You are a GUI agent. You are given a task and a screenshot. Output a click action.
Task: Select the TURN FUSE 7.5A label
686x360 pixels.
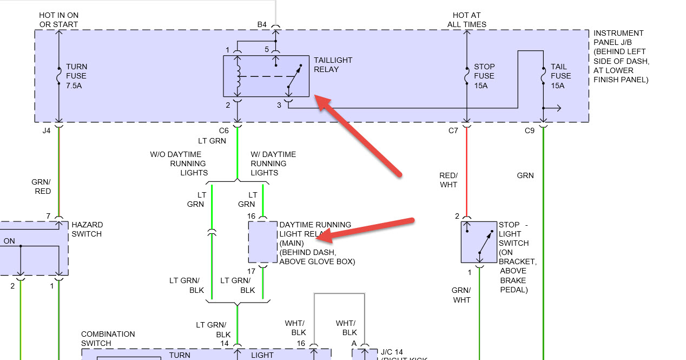click(76, 76)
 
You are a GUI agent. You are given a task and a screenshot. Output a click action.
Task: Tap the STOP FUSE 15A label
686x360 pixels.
click(484, 76)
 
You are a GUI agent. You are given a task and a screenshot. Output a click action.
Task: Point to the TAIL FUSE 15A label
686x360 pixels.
click(560, 76)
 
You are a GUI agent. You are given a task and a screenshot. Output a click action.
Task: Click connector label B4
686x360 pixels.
click(262, 24)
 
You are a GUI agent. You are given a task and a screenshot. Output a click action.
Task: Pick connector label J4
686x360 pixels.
click(47, 130)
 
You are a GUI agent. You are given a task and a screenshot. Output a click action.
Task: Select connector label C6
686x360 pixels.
click(224, 130)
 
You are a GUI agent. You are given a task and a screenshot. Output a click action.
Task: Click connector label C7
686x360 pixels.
click(453, 130)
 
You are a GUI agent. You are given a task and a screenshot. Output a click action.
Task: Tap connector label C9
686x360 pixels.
click(530, 130)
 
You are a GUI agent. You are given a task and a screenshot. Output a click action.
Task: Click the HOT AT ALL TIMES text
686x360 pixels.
click(467, 19)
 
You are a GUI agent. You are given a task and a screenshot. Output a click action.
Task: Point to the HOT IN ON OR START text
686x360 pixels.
click(58, 19)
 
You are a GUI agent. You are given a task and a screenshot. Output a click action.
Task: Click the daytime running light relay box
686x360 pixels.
click(263, 241)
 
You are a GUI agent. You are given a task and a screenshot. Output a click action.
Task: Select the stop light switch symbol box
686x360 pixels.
click(479, 242)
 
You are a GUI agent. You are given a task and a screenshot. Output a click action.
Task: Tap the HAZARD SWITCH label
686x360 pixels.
click(87, 229)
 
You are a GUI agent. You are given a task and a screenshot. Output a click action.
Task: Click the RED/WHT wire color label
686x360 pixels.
click(448, 180)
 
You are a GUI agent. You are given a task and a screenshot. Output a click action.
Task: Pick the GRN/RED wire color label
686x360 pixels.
click(42, 186)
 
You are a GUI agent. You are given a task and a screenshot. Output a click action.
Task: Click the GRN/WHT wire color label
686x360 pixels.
click(461, 294)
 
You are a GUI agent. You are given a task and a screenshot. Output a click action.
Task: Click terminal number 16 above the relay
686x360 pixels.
click(251, 216)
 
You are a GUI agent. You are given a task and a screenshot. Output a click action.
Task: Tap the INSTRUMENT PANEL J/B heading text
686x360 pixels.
click(618, 37)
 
